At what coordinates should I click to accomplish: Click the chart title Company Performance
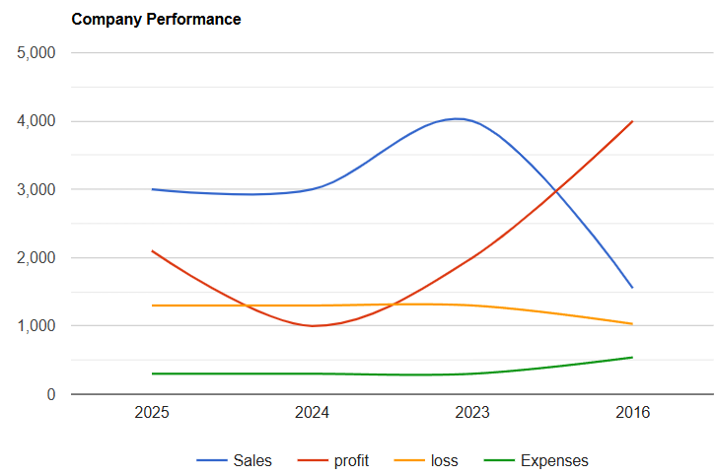click(x=156, y=20)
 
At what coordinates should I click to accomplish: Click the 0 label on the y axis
click(x=50, y=394)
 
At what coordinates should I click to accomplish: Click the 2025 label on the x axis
click(x=152, y=414)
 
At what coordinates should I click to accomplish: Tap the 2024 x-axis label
click(x=313, y=414)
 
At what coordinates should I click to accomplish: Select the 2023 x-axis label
click(x=472, y=414)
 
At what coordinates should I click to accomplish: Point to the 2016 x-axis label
click(x=632, y=414)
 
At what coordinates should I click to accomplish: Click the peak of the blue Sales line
click(x=458, y=118)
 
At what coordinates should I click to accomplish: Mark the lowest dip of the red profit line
click(x=314, y=325)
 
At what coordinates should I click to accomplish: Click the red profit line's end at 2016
click(x=632, y=121)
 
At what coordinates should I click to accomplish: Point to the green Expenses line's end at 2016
click(x=632, y=357)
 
